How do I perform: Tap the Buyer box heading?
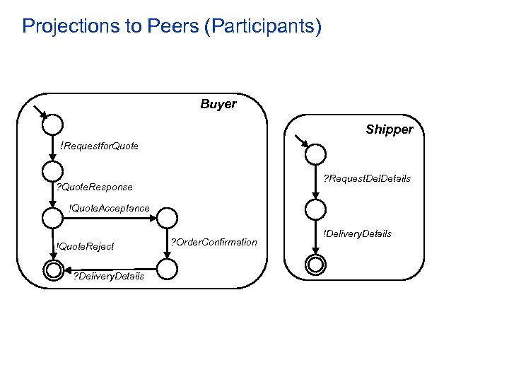[218, 105]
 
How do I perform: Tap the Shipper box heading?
[389, 129]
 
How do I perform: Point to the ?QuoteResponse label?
[94, 187]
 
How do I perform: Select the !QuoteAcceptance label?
[109, 208]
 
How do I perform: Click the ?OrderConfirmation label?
[214, 242]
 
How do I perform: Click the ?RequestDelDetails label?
[366, 178]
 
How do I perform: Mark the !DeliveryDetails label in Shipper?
[357, 233]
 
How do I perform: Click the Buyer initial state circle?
[52, 125]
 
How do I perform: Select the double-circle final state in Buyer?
[52, 269]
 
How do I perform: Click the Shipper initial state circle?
[316, 154]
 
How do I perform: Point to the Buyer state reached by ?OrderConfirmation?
[167, 269]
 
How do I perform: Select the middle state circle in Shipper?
[316, 209]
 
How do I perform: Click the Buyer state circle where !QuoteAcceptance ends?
[167, 217]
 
